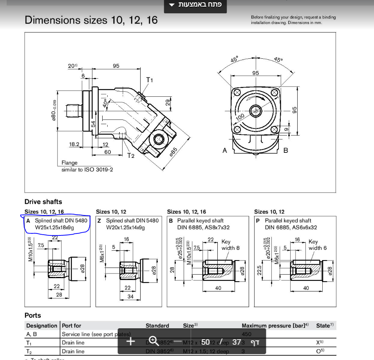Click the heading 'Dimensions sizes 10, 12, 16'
tap(91, 20)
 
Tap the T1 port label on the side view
tap(150, 80)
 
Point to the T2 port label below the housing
tap(131, 155)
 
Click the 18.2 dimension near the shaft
tap(74, 144)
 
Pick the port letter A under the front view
tap(225, 150)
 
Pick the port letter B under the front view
tap(285, 150)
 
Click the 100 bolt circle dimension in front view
tap(240, 116)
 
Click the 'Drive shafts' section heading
tap(43, 202)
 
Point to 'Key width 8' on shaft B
tap(230, 245)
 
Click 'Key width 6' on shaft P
tap(317, 245)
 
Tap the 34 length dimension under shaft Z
tap(130, 297)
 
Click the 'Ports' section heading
tap(33, 315)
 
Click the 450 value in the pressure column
tap(247, 335)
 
